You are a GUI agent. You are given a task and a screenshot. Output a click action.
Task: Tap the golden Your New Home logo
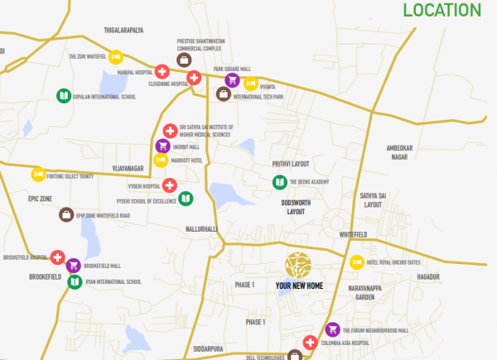click(x=298, y=265)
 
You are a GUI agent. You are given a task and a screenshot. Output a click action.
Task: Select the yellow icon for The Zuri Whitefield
click(x=116, y=57)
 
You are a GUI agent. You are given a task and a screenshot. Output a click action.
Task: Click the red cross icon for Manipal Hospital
click(x=162, y=72)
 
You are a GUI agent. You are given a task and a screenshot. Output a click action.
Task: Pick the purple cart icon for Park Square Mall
click(x=232, y=80)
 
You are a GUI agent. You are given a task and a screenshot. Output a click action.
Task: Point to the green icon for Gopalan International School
click(x=63, y=96)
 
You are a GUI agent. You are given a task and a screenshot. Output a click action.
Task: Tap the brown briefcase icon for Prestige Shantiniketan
click(x=184, y=59)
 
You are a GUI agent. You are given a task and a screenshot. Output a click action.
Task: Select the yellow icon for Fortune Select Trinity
click(x=38, y=174)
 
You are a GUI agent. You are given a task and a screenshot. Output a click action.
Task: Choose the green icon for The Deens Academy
click(x=279, y=182)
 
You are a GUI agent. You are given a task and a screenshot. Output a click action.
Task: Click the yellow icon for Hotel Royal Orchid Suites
click(x=357, y=262)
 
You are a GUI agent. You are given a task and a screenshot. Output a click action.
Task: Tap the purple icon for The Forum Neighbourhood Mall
click(x=333, y=329)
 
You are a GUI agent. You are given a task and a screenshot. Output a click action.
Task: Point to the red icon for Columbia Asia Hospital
click(x=310, y=343)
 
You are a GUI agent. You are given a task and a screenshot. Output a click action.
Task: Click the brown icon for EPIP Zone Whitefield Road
click(x=65, y=215)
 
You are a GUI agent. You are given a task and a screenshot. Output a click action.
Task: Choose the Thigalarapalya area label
click(x=123, y=30)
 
